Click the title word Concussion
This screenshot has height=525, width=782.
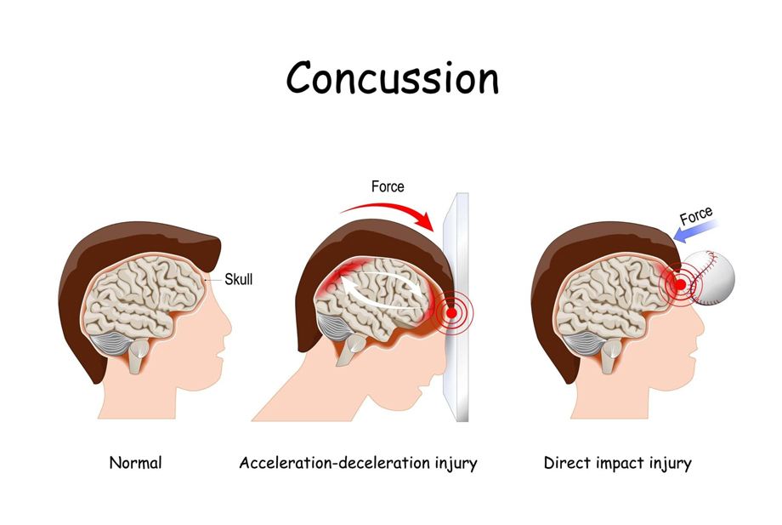tap(392, 78)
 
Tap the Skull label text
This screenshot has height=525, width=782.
tap(239, 279)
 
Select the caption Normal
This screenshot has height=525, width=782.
tap(135, 464)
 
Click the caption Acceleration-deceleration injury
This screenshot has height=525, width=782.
tap(358, 464)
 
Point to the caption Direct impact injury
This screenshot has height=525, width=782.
tap(617, 464)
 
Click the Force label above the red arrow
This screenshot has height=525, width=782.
tap(388, 186)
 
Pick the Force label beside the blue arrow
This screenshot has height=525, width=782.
tap(695, 217)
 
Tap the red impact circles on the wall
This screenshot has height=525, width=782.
tap(450, 316)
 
